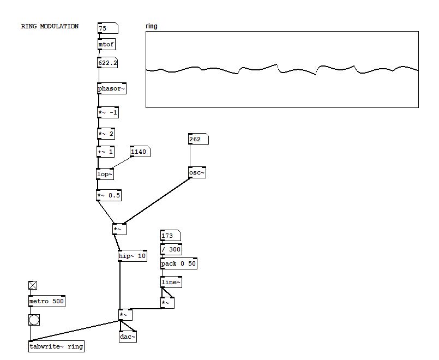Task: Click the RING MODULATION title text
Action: [x=50, y=26]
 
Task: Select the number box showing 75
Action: [x=107, y=28]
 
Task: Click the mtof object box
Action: [x=107, y=44]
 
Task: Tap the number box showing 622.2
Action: [x=107, y=63]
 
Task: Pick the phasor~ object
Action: [x=112, y=88]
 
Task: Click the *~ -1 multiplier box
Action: [x=107, y=113]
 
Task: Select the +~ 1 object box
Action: [x=106, y=152]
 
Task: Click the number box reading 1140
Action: [x=140, y=152]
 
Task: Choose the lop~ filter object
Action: [x=105, y=175]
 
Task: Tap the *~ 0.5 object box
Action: [x=109, y=195]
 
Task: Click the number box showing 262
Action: [x=198, y=139]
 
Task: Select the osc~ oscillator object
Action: [x=197, y=173]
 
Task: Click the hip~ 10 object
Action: [x=133, y=255]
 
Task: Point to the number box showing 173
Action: [x=170, y=236]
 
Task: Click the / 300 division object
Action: [x=171, y=249]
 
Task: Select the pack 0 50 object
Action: [x=179, y=264]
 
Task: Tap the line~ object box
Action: [x=171, y=282]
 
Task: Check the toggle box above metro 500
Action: [x=33, y=285]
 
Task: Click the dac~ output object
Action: [x=128, y=337]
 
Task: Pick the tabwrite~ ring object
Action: [x=57, y=346]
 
